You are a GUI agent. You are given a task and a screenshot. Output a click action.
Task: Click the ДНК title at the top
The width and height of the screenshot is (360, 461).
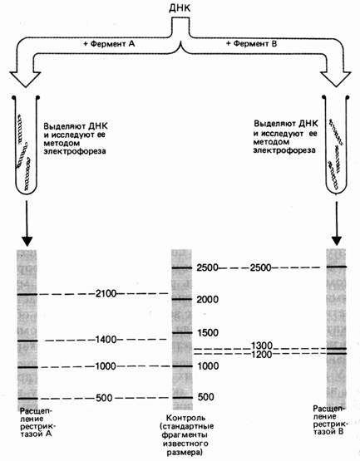coord(180,8)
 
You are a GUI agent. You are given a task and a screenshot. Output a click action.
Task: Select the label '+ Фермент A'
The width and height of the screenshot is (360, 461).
coord(109,44)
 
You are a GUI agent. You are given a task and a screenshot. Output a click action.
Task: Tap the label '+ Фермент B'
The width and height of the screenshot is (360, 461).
coord(251,44)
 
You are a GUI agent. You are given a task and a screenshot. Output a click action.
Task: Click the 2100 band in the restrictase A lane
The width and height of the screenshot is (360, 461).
coord(27,294)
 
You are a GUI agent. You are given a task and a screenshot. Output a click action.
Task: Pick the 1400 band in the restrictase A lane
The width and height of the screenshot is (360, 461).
coord(27,341)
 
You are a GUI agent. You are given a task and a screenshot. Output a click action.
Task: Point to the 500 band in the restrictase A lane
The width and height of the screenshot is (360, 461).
coord(27,399)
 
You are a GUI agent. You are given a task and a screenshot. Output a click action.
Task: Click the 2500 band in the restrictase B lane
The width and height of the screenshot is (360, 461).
coord(337,267)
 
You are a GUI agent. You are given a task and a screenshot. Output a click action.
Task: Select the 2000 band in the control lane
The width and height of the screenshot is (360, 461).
coord(182,300)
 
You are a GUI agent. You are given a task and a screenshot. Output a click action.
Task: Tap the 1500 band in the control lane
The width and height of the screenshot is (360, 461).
coord(182,333)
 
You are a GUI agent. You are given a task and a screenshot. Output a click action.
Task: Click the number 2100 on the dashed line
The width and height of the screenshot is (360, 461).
coord(106,293)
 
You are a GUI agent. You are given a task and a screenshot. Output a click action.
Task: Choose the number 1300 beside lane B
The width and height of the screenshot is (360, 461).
coord(262,346)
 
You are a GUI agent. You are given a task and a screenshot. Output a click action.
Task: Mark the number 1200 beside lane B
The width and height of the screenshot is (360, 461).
coord(262,355)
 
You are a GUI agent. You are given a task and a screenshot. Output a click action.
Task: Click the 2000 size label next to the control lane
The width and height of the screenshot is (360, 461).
coord(208,300)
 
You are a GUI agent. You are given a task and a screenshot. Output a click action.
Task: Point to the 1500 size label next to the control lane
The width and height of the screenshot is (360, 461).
coord(208,333)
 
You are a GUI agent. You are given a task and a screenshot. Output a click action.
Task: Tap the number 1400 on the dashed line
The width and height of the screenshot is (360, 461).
coord(106,340)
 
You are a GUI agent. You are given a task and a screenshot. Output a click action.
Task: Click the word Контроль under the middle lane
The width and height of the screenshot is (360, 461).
coord(186,418)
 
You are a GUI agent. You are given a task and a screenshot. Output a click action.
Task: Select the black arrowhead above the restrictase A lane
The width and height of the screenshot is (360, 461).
coord(27,242)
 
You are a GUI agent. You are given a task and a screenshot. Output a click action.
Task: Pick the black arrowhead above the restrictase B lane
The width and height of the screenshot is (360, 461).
coord(337,241)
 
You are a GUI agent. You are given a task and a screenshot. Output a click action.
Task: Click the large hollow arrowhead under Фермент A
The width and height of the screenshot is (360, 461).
coord(25,79)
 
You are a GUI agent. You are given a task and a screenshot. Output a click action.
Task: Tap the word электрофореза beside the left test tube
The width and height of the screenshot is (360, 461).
coord(75,152)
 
